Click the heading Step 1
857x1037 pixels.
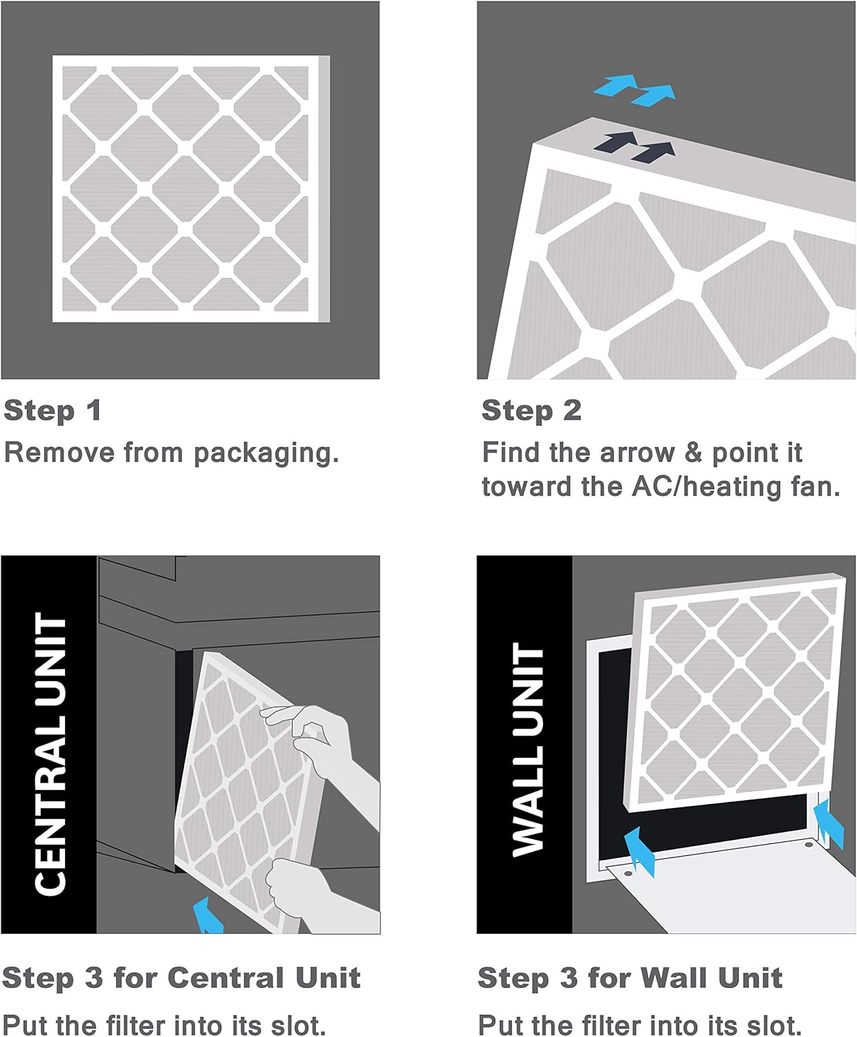[53, 411]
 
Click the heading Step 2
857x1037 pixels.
[531, 411]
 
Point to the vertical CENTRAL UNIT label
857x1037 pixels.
[50, 753]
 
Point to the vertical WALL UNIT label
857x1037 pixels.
[528, 750]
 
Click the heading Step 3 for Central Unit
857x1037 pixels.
[181, 978]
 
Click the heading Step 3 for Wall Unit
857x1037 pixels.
[629, 978]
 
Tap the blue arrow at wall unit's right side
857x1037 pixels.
[829, 825]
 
